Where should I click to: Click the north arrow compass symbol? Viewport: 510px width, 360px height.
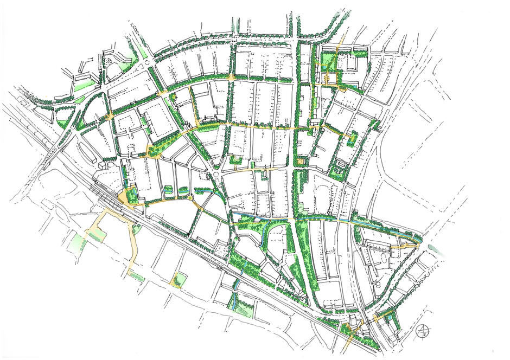pos(422,330)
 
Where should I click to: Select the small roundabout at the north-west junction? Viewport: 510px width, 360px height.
pos(148,63)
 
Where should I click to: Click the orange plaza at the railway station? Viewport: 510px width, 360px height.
pos(130,197)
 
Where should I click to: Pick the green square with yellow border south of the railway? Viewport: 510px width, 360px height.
pos(178,280)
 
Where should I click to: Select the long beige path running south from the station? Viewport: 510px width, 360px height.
pos(130,244)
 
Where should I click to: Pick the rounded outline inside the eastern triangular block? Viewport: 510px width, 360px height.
pos(377,281)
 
